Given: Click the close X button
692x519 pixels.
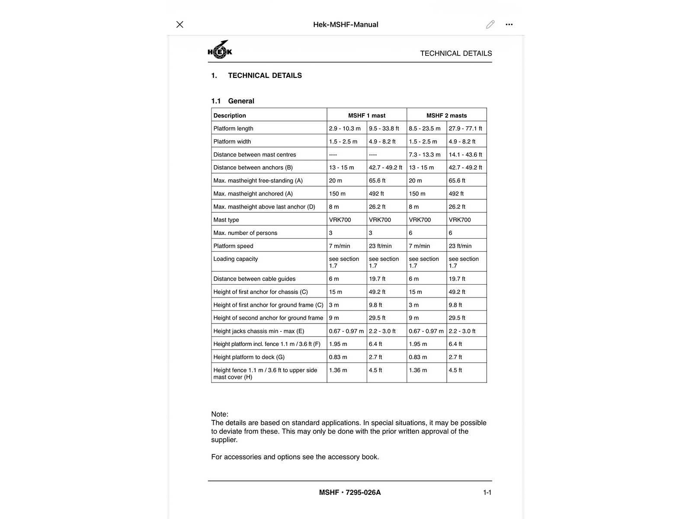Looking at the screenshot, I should pos(180,25).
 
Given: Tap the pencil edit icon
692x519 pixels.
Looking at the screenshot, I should pos(490,25).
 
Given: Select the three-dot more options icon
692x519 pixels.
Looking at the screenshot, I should pos(509,25).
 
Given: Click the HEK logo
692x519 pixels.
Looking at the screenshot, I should pos(220,50).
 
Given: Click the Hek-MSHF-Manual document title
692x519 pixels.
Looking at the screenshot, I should pos(346,25).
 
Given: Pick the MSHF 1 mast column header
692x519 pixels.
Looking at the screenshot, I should pos(366,115).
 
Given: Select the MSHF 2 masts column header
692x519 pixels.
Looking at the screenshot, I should pos(446,115).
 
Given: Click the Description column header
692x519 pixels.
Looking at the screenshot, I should pos(230,115).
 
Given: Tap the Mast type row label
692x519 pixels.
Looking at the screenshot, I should pos(226,220).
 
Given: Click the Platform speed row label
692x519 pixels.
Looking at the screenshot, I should pos(233,246).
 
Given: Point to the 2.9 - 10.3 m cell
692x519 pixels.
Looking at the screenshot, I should pos(345,128).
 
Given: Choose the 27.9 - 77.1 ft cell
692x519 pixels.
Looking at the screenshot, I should pos(465,128).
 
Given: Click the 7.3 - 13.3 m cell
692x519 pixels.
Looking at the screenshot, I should pos(425,154).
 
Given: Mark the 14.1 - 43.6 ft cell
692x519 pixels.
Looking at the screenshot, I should pos(465,154).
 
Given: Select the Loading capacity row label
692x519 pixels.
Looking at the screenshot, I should pos(236,259).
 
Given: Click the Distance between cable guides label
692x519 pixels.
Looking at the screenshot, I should pos(254,279).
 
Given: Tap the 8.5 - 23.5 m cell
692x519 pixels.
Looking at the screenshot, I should pos(425,128).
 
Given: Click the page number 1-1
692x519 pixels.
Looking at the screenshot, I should pos(487,492).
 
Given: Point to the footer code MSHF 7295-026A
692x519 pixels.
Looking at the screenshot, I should pos(350,492).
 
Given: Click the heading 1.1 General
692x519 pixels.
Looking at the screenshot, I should pos(233,101).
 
